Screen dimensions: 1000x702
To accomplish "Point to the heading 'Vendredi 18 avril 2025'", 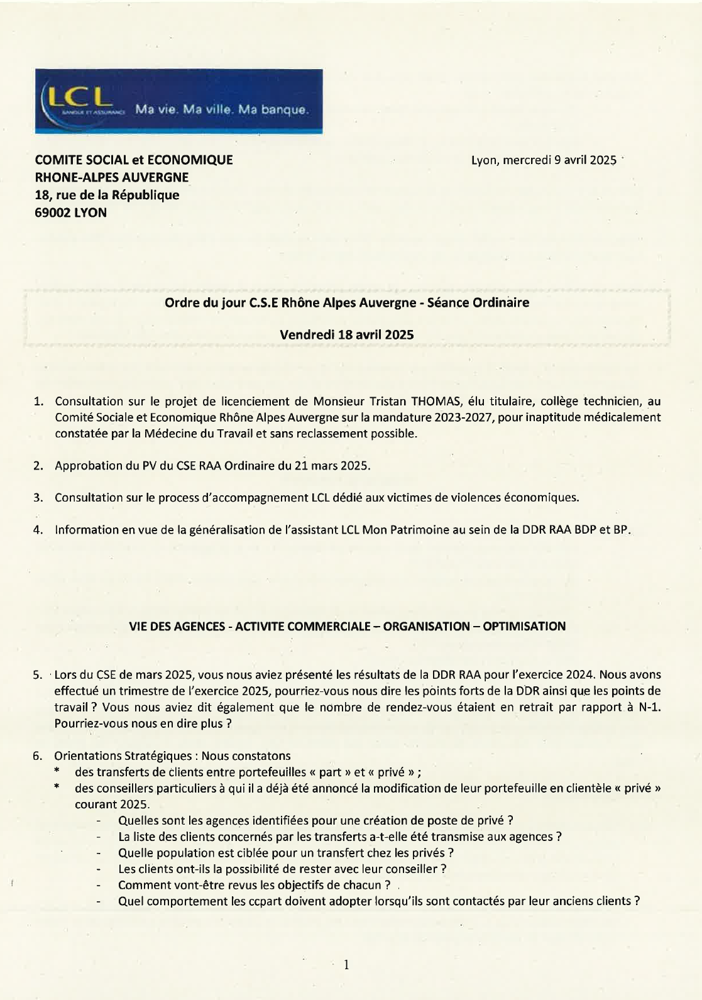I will (x=346, y=335).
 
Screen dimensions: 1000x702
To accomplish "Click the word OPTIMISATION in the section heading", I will (x=524, y=626).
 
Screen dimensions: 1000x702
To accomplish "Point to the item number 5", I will (x=38, y=675).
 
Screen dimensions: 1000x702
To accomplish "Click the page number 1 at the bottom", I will (x=346, y=965).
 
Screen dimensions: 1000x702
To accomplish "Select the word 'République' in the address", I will (x=148, y=195).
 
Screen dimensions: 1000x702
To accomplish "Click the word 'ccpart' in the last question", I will (x=264, y=901).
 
